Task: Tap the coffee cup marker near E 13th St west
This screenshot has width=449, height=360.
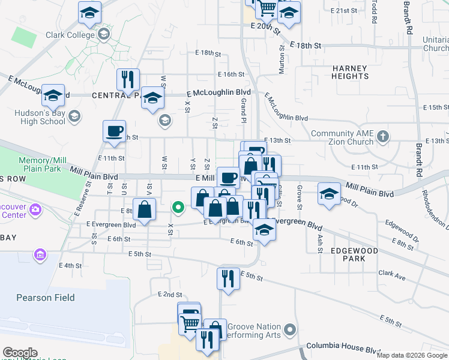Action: pyautogui.click(x=114, y=131)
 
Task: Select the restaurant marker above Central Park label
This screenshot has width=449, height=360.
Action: pyautogui.click(x=128, y=79)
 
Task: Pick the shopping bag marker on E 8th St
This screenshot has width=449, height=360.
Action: pyautogui.click(x=145, y=209)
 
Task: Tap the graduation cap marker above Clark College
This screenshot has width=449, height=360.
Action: pyautogui.click(x=90, y=11)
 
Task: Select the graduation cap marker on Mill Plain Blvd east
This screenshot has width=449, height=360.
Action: pyautogui.click(x=328, y=193)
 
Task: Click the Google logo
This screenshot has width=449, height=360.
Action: pyautogui.click(x=20, y=353)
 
